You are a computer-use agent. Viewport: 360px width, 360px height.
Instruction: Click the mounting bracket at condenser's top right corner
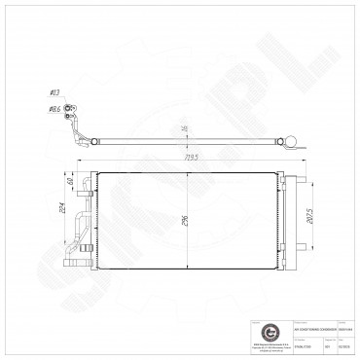pyautogui.click(x=295, y=173)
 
